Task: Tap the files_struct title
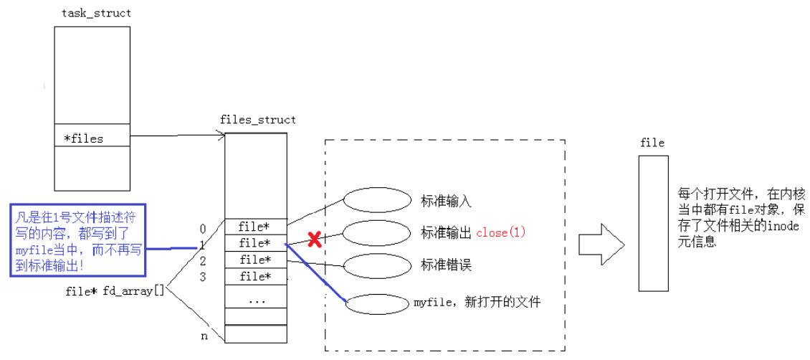click(x=256, y=120)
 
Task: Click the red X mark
click(x=313, y=240)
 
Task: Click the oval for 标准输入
click(x=376, y=199)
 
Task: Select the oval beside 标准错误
click(x=376, y=265)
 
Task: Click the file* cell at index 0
click(x=256, y=227)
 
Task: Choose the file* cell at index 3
click(x=256, y=276)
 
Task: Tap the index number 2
click(x=203, y=260)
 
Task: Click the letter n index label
click(x=204, y=336)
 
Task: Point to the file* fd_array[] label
click(x=115, y=292)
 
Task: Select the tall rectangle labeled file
click(x=653, y=222)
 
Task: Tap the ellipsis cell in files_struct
click(x=256, y=300)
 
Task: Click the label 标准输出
click(x=446, y=232)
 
